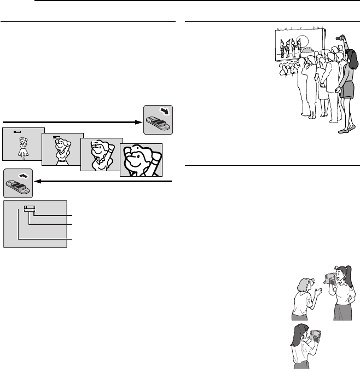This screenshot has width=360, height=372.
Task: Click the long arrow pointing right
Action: (x=71, y=121)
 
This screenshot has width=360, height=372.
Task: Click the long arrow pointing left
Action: (x=104, y=181)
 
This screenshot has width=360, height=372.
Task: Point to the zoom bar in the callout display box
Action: (x=29, y=208)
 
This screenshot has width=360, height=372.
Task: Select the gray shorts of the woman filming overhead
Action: (x=347, y=90)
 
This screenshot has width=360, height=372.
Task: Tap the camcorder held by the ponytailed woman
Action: (x=329, y=280)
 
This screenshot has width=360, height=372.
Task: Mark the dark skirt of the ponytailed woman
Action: (x=342, y=312)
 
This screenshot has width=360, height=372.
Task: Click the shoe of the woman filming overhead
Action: (x=344, y=130)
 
